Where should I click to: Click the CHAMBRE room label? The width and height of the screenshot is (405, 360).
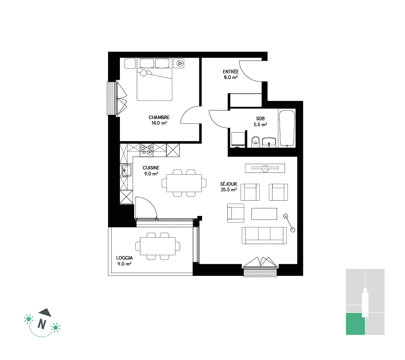click(x=159, y=117)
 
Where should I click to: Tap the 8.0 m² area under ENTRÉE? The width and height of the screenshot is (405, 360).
click(x=231, y=77)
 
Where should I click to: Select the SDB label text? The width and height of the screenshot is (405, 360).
click(x=260, y=119)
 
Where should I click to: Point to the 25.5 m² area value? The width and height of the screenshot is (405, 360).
click(x=229, y=190)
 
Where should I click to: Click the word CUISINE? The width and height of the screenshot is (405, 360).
click(x=151, y=168)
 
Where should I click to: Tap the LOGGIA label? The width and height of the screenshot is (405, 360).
click(x=124, y=258)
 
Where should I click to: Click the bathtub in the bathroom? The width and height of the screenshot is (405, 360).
click(x=287, y=128)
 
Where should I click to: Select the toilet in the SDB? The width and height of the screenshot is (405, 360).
click(x=255, y=142)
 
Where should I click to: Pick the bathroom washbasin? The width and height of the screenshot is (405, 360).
click(x=269, y=142)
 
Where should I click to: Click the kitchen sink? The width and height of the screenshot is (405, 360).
click(x=126, y=170)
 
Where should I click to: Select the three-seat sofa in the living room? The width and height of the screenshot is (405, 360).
click(x=264, y=235)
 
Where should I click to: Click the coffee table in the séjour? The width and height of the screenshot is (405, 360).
click(x=264, y=214)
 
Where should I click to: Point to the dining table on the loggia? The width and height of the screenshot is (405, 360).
click(x=158, y=246)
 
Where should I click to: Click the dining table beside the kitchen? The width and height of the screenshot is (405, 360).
click(x=184, y=183)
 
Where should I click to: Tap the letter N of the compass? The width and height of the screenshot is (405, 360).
click(x=42, y=324)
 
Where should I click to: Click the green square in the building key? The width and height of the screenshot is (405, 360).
click(x=355, y=324)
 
